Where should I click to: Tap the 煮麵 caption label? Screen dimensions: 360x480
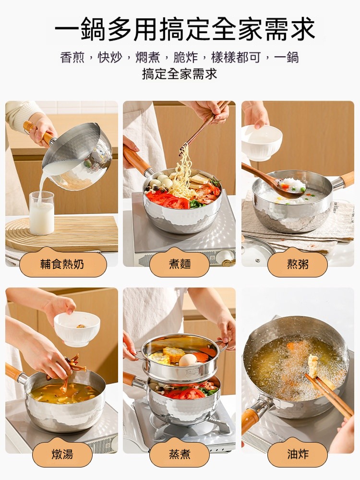point(180,264)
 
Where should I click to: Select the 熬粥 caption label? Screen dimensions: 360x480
point(298,264)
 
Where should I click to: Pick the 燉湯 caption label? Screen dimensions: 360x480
point(62,454)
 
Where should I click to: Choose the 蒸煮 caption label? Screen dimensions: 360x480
point(180,454)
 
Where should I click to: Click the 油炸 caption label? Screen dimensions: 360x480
point(298,454)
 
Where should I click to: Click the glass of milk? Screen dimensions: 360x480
point(42,214)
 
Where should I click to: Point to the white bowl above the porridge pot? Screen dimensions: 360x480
point(262,143)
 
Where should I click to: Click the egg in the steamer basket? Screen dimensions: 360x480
point(188,360)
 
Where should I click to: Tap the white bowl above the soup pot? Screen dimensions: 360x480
point(77,328)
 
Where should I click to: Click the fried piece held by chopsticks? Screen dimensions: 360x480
point(312,366)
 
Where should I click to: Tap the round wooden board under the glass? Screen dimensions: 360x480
point(61,233)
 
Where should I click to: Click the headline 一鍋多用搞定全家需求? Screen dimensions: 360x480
point(185,29)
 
